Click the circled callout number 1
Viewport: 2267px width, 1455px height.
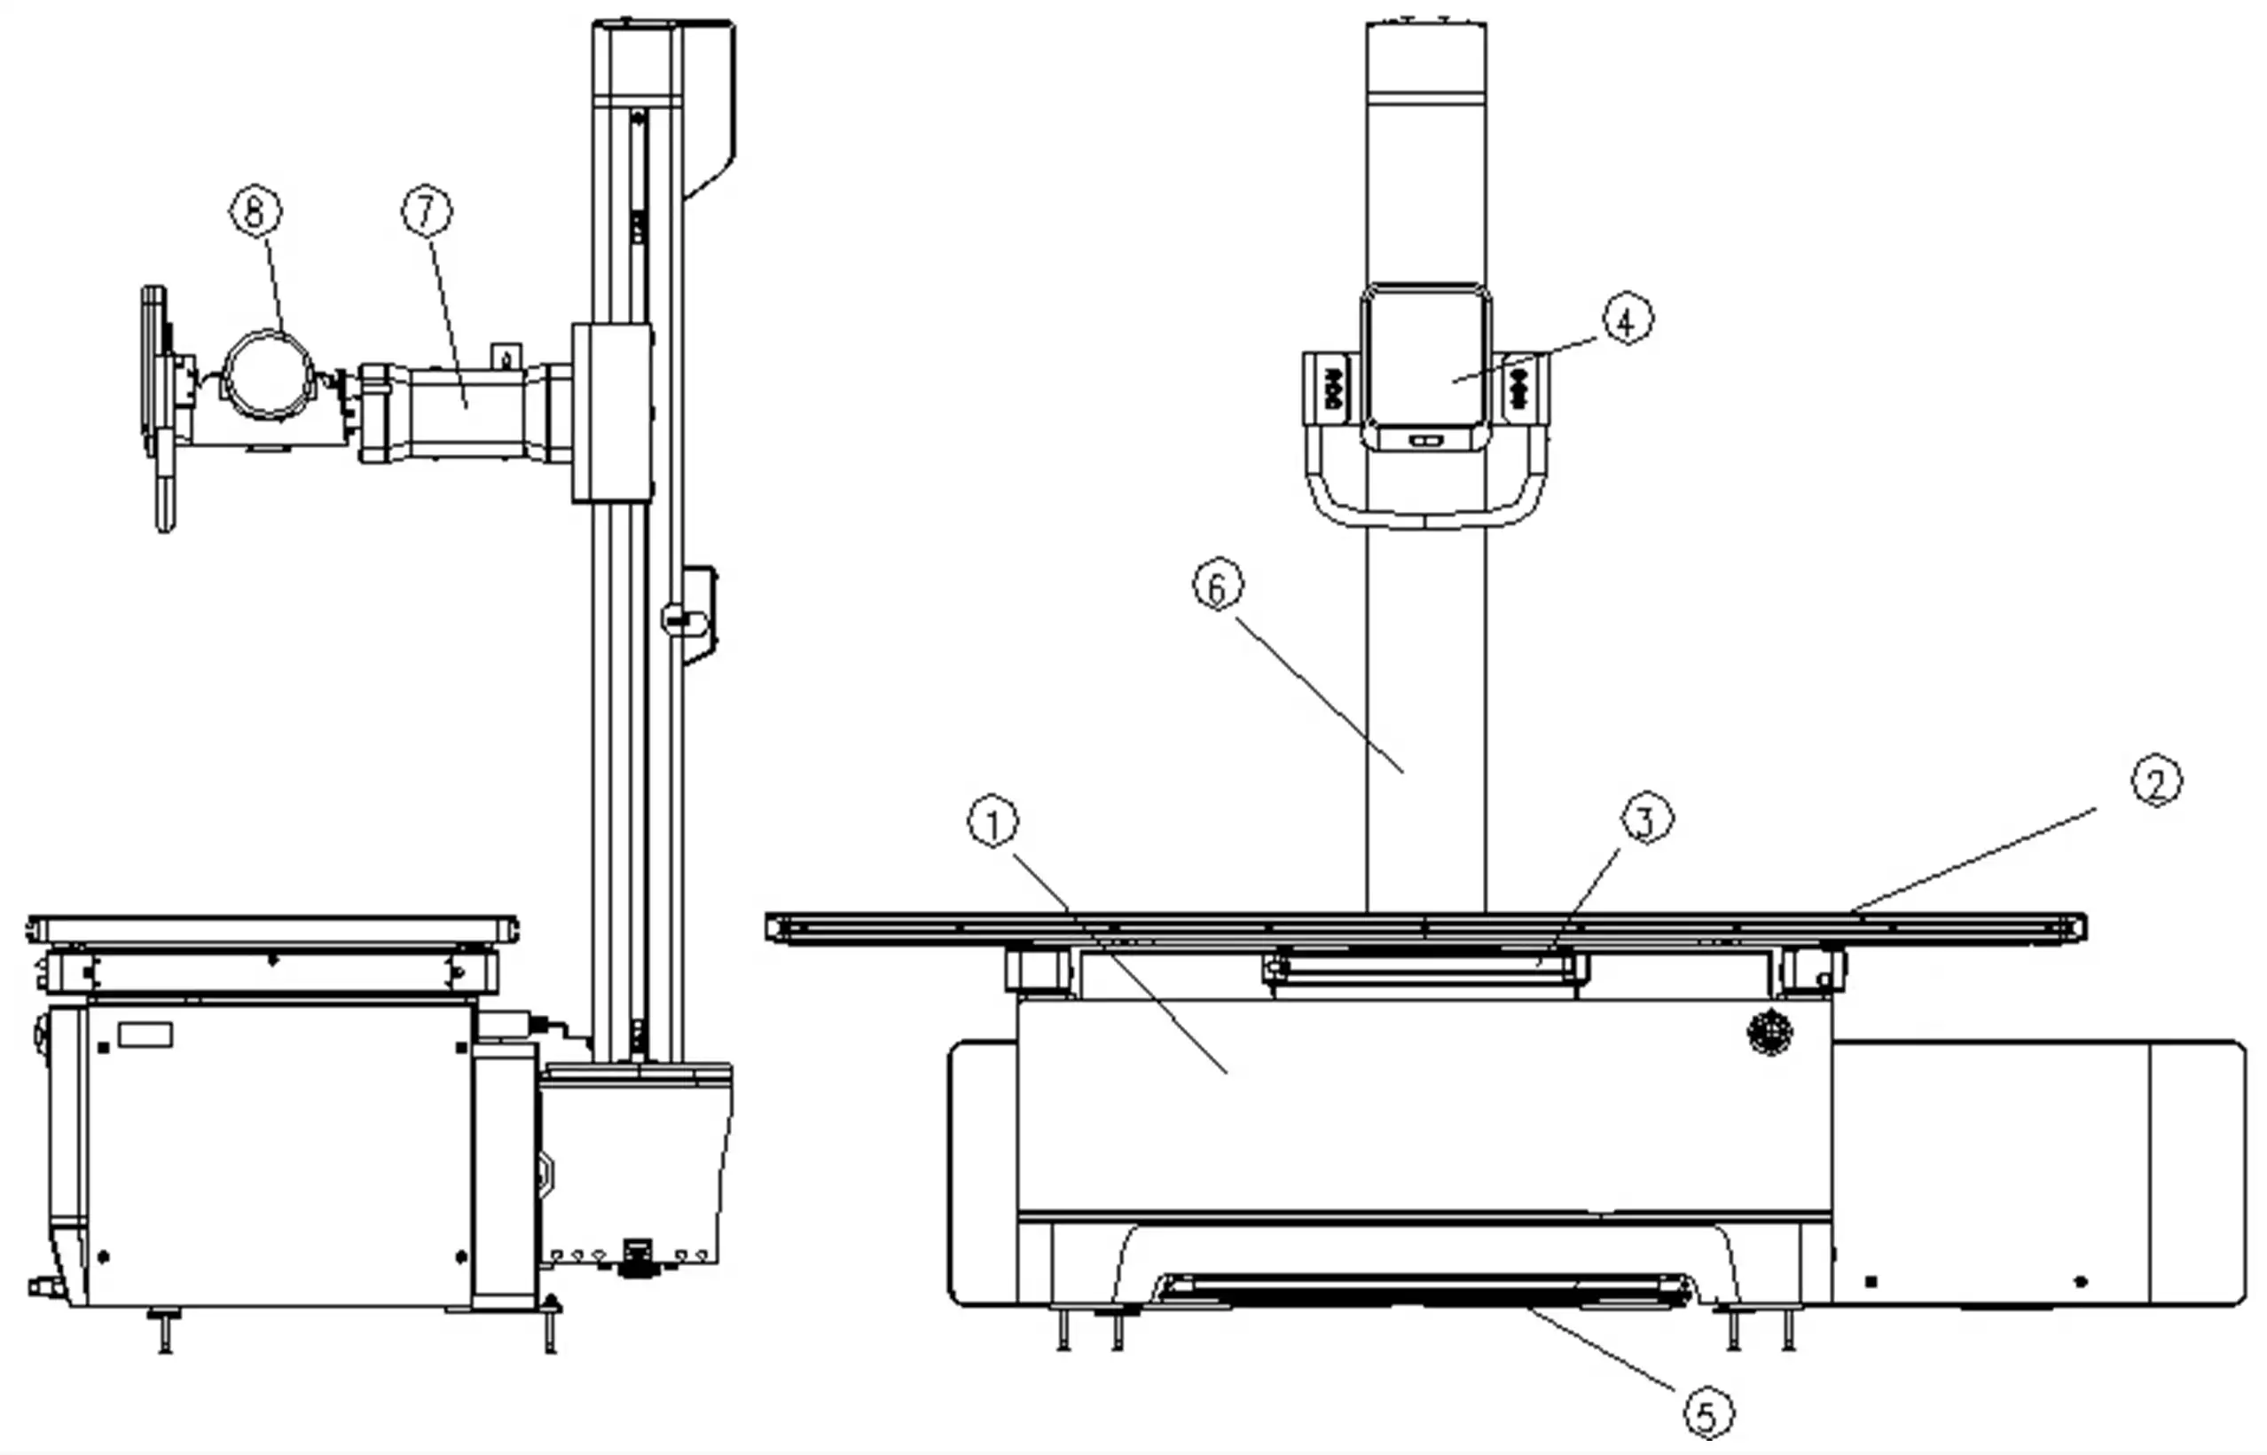[x=992, y=824]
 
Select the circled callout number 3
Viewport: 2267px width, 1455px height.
[x=1646, y=820]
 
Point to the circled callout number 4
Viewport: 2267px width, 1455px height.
[x=1627, y=320]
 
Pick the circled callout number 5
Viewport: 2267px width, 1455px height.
[x=1709, y=1414]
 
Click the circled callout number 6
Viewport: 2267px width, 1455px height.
[x=1218, y=586]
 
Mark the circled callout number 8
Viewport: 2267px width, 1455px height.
[x=256, y=210]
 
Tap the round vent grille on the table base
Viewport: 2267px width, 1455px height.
[x=1770, y=1031]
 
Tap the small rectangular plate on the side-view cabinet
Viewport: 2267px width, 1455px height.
[x=145, y=1034]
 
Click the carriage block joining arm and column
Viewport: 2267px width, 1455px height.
[x=612, y=411]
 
